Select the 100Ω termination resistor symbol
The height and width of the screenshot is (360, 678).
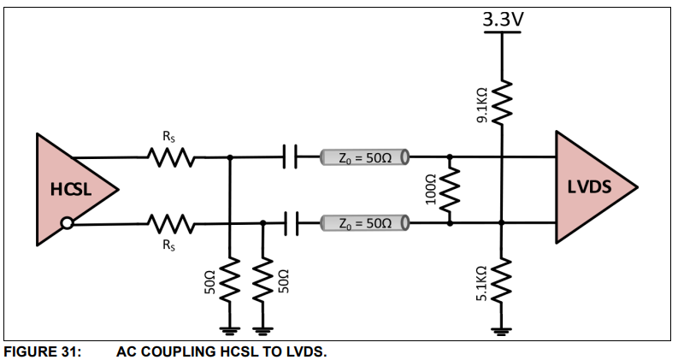click(450, 190)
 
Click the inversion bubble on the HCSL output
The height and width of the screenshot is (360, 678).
click(66, 224)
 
